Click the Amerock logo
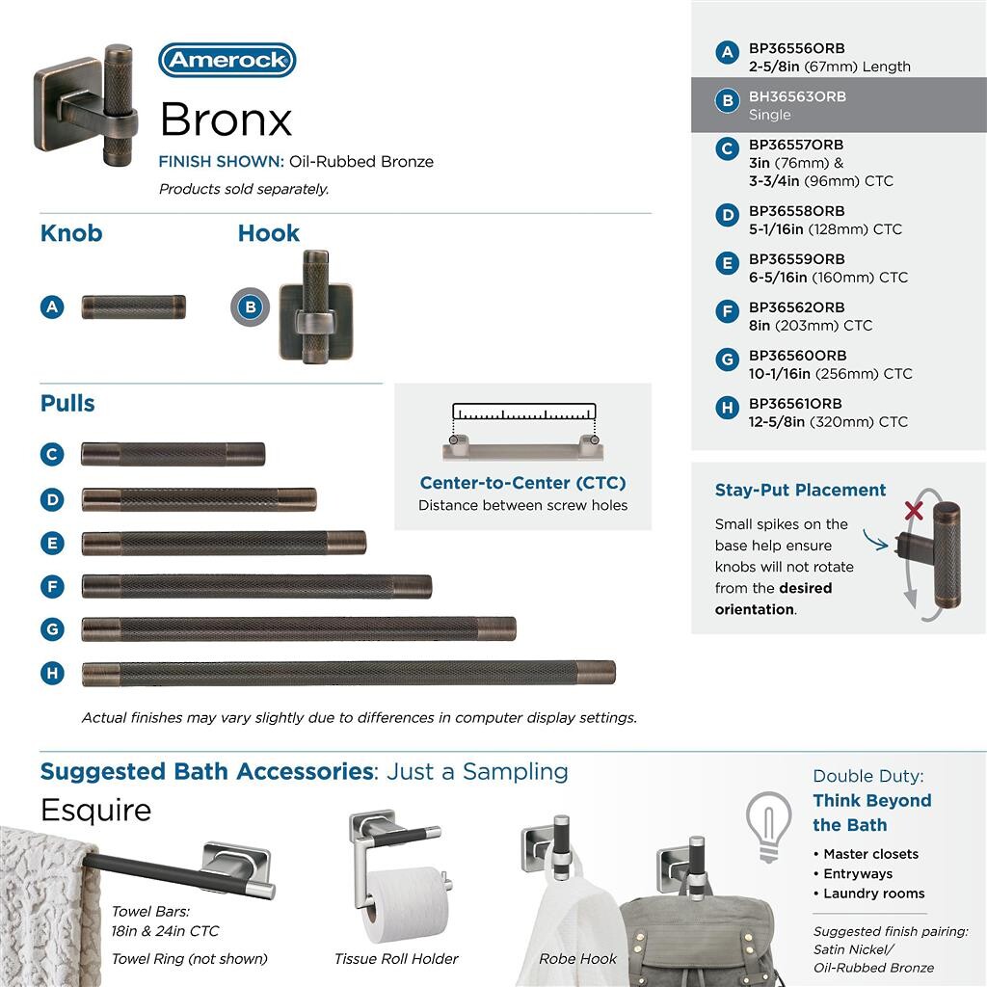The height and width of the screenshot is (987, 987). [x=227, y=60]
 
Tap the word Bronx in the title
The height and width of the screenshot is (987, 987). [x=226, y=120]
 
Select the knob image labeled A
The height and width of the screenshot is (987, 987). [x=133, y=307]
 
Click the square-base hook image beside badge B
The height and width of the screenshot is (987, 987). [x=315, y=307]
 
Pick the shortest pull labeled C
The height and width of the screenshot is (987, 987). [x=173, y=454]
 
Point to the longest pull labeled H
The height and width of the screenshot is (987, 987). [x=348, y=673]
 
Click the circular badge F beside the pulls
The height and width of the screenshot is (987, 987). [x=52, y=586]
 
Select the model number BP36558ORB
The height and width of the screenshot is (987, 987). [x=796, y=211]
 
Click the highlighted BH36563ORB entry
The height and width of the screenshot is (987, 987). [x=797, y=97]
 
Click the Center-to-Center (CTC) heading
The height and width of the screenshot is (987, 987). [x=522, y=483]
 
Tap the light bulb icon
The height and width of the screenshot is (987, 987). [x=768, y=824]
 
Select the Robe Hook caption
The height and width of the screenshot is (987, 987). [x=578, y=959]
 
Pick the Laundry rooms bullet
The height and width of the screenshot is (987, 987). [x=873, y=894]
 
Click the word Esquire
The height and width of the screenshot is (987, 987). [x=95, y=810]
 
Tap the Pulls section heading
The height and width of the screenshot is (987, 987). [x=67, y=403]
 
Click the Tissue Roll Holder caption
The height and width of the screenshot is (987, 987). [x=396, y=959]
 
